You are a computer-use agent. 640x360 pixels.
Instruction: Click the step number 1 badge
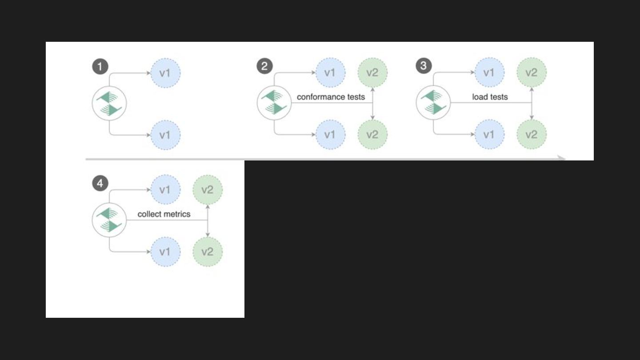pos(100,67)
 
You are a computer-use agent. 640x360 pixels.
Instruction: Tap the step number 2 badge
pos(264,67)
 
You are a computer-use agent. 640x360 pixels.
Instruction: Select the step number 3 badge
pos(424,66)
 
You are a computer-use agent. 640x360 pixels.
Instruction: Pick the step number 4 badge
pos(100,183)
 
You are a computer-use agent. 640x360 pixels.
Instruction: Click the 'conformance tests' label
pos(331,97)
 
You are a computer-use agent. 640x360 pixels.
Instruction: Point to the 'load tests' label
pos(490,97)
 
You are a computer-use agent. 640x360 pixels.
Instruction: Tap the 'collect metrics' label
pos(164,214)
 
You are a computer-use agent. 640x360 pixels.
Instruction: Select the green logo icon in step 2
pos(274,103)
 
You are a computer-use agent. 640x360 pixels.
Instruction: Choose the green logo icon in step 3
pos(433,103)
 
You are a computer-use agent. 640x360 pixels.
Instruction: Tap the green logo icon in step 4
pos(109,220)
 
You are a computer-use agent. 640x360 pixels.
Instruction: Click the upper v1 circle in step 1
pos(165,72)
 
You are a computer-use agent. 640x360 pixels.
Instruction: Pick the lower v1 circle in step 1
pos(165,134)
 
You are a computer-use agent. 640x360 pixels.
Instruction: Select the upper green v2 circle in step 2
pos(372,72)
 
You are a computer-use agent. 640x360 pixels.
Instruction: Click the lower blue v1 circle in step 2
pos(330,134)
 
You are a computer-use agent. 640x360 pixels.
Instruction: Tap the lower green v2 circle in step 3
pos(532,134)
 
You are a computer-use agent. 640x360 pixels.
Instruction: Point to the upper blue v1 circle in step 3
pos(489,72)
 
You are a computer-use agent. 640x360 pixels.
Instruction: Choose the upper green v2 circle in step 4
pos(208,190)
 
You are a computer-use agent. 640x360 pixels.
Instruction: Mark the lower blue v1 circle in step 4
pos(165,252)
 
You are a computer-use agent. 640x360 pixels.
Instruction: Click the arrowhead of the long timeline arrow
pos(562,158)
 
